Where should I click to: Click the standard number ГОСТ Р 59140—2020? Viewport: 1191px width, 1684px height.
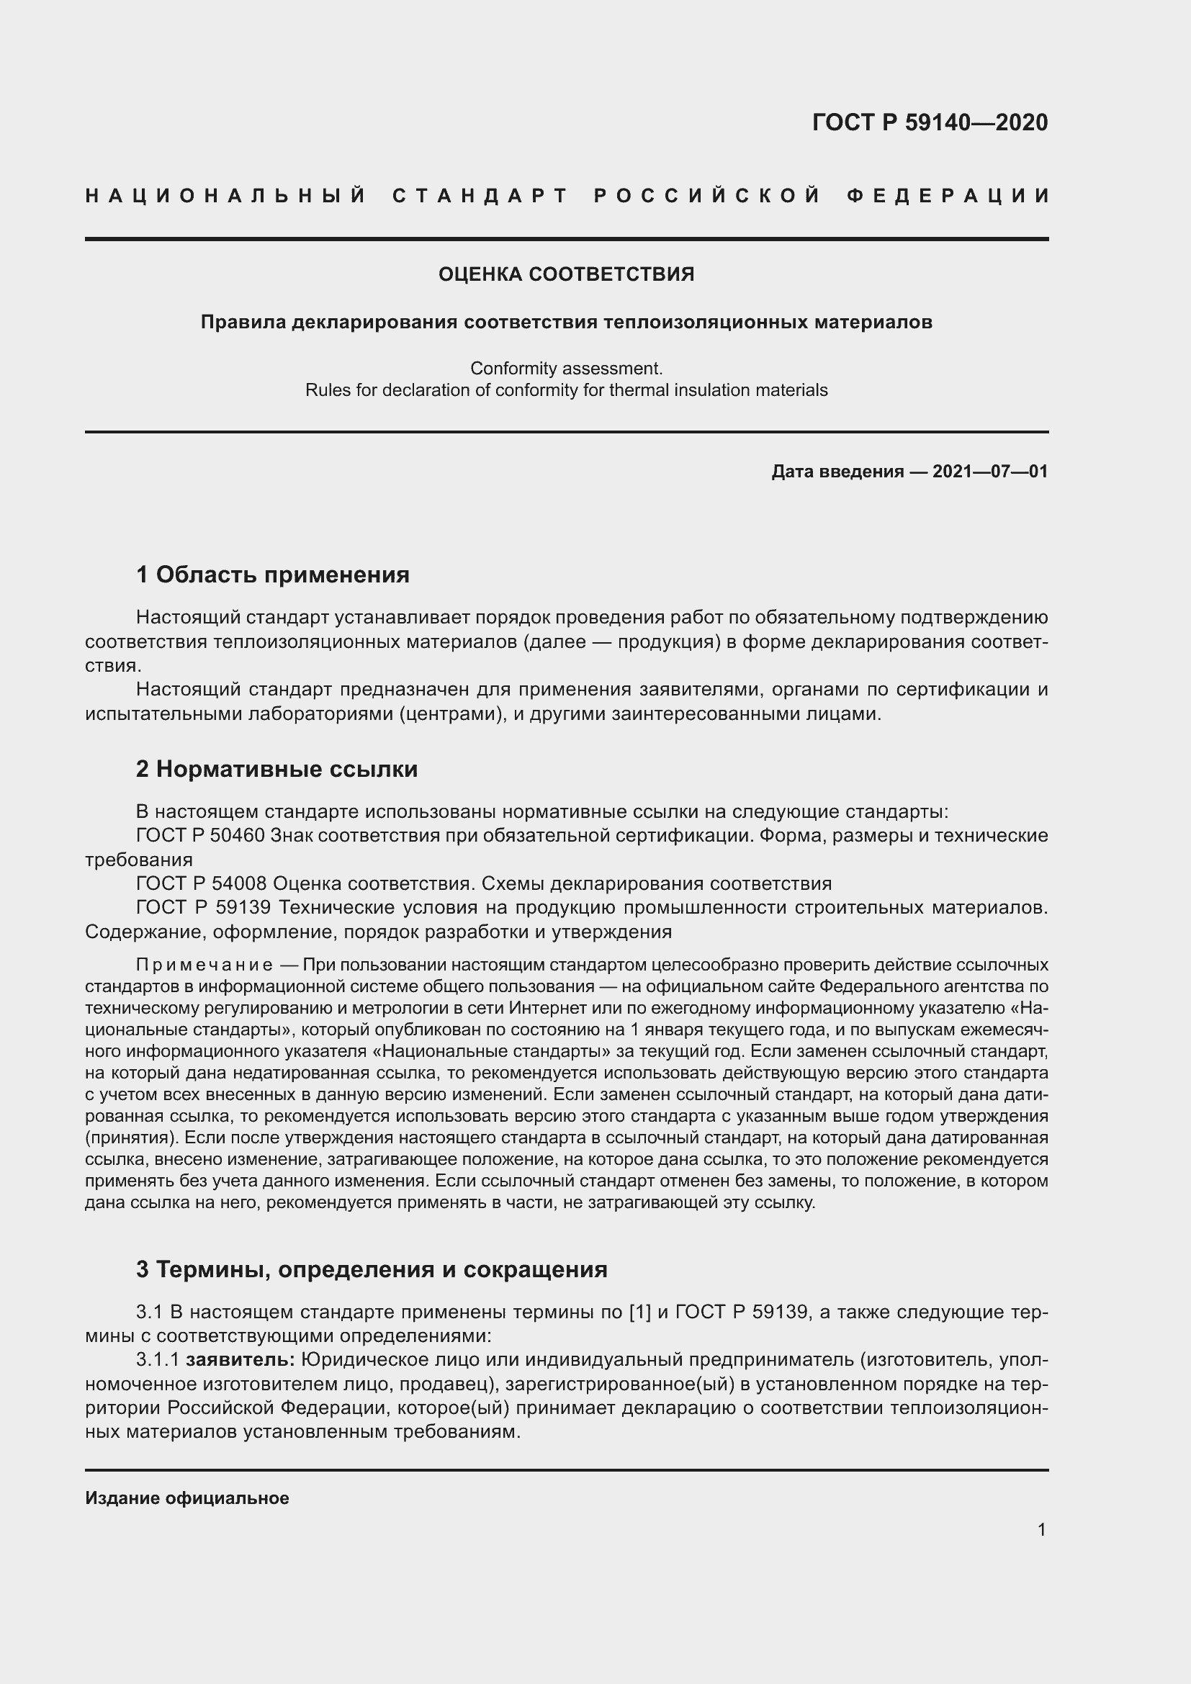pyautogui.click(x=930, y=122)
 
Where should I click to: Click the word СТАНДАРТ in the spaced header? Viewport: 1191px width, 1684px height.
pyautogui.click(x=480, y=196)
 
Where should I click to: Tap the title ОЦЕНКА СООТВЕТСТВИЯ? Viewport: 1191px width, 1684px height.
pyautogui.click(x=566, y=274)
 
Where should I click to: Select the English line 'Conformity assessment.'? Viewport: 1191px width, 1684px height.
pyautogui.click(x=566, y=367)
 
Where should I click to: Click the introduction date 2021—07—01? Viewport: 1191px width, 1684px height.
pyautogui.click(x=990, y=472)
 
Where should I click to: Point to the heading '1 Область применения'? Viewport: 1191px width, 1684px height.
pyautogui.click(x=273, y=575)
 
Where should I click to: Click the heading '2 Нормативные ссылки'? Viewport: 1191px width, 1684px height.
pyautogui.click(x=277, y=769)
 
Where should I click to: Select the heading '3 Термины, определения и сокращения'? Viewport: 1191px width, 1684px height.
pyautogui.click(x=372, y=1269)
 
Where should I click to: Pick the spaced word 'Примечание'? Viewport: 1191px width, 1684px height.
pyautogui.click(x=205, y=965)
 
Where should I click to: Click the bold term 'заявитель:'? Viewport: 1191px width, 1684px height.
pyautogui.click(x=241, y=1360)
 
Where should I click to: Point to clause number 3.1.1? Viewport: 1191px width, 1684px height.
pyautogui.click(x=158, y=1360)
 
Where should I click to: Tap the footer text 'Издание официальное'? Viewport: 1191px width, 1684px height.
pyautogui.click(x=187, y=1498)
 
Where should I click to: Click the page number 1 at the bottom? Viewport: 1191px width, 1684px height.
pyautogui.click(x=1041, y=1530)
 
